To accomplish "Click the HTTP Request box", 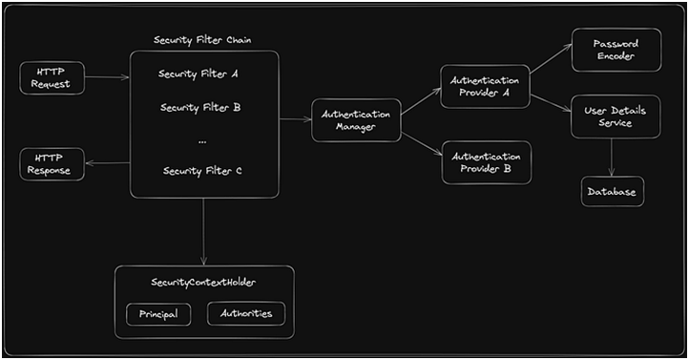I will tap(52, 78).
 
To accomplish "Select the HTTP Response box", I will tap(52, 162).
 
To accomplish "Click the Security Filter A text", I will tap(198, 74).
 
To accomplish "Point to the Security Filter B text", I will tap(199, 107).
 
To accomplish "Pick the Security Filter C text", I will tap(202, 171).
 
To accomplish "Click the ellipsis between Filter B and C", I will tap(202, 139).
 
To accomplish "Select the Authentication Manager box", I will tap(356, 120).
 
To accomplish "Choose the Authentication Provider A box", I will tap(486, 88).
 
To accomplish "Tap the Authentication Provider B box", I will tap(486, 162).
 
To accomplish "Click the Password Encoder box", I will tap(615, 51).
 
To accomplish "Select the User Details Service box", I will tap(615, 117).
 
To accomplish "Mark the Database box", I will tap(613, 192).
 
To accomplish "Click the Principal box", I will tap(158, 314).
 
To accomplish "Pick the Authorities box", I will tap(245, 314).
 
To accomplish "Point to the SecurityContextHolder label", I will tap(203, 283).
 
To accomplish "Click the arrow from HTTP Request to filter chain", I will tap(107, 77).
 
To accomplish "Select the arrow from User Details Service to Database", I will tap(612, 158).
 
